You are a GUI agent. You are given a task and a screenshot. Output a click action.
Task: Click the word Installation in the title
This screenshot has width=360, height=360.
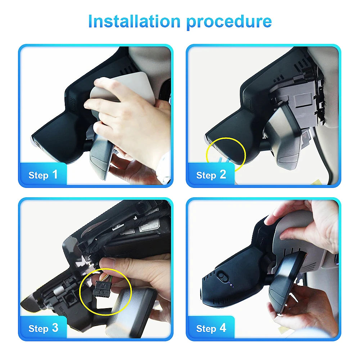point(134,21)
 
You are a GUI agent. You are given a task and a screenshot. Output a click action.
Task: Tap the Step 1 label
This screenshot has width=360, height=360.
point(43,175)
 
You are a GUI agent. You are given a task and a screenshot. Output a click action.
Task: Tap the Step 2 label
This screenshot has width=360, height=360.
point(211,175)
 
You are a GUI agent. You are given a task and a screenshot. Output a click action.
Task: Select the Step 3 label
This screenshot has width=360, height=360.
point(43,328)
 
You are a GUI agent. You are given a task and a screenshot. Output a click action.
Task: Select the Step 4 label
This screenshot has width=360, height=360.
point(211,328)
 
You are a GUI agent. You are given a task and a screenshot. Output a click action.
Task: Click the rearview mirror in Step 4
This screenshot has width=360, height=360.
point(287,282)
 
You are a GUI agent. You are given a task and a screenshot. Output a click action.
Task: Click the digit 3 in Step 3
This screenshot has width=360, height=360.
point(55,328)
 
